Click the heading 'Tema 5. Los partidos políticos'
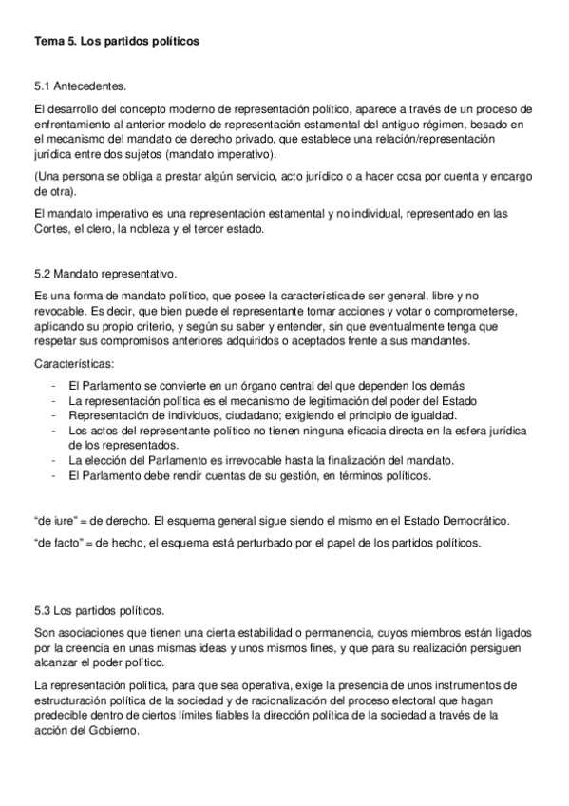pyautogui.click(x=117, y=43)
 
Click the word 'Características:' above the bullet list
pyautogui.click(x=75, y=363)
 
